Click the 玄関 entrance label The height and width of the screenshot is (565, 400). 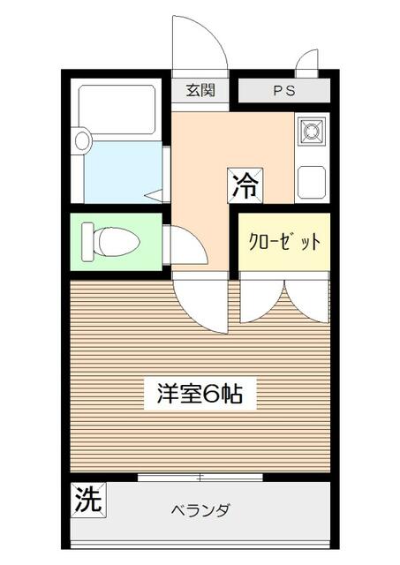(200, 90)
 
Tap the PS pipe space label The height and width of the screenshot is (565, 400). (283, 91)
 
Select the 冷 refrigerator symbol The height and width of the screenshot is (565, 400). (245, 185)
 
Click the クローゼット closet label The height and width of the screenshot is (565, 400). (283, 242)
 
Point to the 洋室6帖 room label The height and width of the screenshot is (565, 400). (200, 394)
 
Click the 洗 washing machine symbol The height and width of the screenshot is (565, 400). (87, 501)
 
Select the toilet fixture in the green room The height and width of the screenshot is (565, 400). (110, 240)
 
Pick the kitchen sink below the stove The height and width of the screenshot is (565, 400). (311, 181)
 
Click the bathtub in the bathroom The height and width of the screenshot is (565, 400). (117, 110)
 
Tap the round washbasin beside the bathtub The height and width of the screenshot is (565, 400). (82, 139)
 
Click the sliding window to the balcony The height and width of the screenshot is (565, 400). (200, 477)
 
